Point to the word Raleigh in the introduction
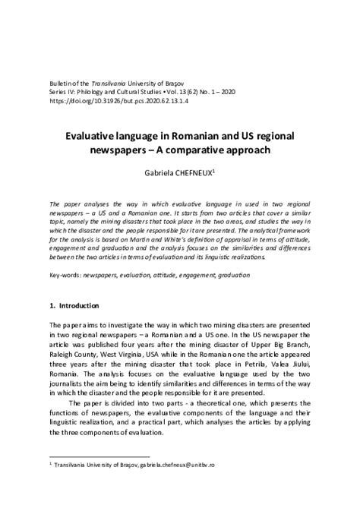tap(64, 353)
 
